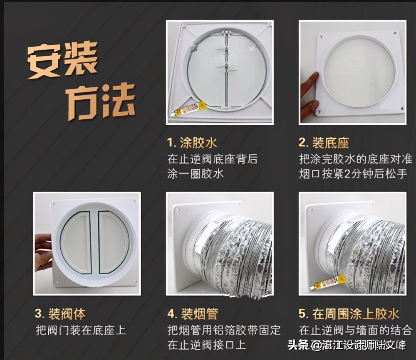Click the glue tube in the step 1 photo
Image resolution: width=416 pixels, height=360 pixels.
click(190, 109)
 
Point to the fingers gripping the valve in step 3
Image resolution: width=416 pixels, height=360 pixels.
click(42, 252)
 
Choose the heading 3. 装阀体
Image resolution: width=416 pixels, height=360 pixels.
click(60, 314)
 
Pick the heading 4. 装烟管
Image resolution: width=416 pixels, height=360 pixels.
click(193, 314)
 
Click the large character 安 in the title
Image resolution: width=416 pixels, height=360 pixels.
click(45, 62)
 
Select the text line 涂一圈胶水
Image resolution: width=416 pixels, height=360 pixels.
click(196, 173)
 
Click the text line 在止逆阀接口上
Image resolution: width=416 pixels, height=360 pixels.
click(207, 345)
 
